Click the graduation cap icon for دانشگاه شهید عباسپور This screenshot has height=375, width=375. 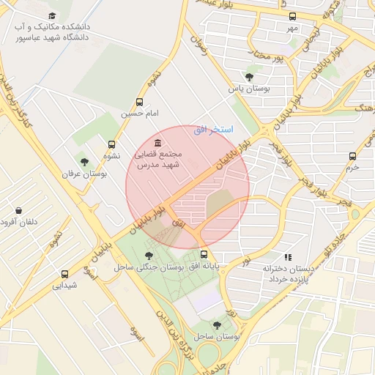click(x=51, y=15)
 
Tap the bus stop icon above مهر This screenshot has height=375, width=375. click(x=293, y=16)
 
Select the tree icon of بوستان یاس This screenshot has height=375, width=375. click(x=249, y=76)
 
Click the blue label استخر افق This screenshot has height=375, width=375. click(x=213, y=130)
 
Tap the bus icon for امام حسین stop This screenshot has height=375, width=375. click(x=139, y=103)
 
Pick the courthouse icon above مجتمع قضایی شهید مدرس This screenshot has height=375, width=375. click(x=159, y=142)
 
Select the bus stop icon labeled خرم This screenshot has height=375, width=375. click(x=353, y=155)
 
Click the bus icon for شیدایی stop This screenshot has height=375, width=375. click(x=65, y=274)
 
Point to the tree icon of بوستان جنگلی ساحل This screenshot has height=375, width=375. click(x=149, y=256)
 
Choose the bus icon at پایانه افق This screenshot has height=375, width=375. click(x=204, y=254)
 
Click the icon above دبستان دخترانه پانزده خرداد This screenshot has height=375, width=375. click(x=288, y=257)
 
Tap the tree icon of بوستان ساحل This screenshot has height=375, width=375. click(x=216, y=324)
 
